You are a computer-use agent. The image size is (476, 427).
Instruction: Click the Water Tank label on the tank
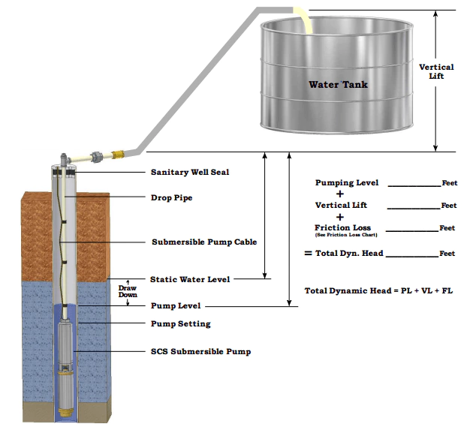point(338,84)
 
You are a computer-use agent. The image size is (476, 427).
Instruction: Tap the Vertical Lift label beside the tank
point(436,71)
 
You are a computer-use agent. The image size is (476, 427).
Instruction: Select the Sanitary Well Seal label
point(190,172)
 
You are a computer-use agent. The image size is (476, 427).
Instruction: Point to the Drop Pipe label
point(171,198)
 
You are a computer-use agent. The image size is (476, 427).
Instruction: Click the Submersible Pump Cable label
point(204,242)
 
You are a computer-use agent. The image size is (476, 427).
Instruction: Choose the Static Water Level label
point(190,279)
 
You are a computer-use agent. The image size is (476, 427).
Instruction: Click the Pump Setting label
point(180,324)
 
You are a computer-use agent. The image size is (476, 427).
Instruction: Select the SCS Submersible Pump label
point(200,351)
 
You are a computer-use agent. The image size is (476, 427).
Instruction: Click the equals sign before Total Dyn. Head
point(307,254)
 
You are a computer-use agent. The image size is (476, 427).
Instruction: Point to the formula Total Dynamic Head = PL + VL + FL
point(378,290)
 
